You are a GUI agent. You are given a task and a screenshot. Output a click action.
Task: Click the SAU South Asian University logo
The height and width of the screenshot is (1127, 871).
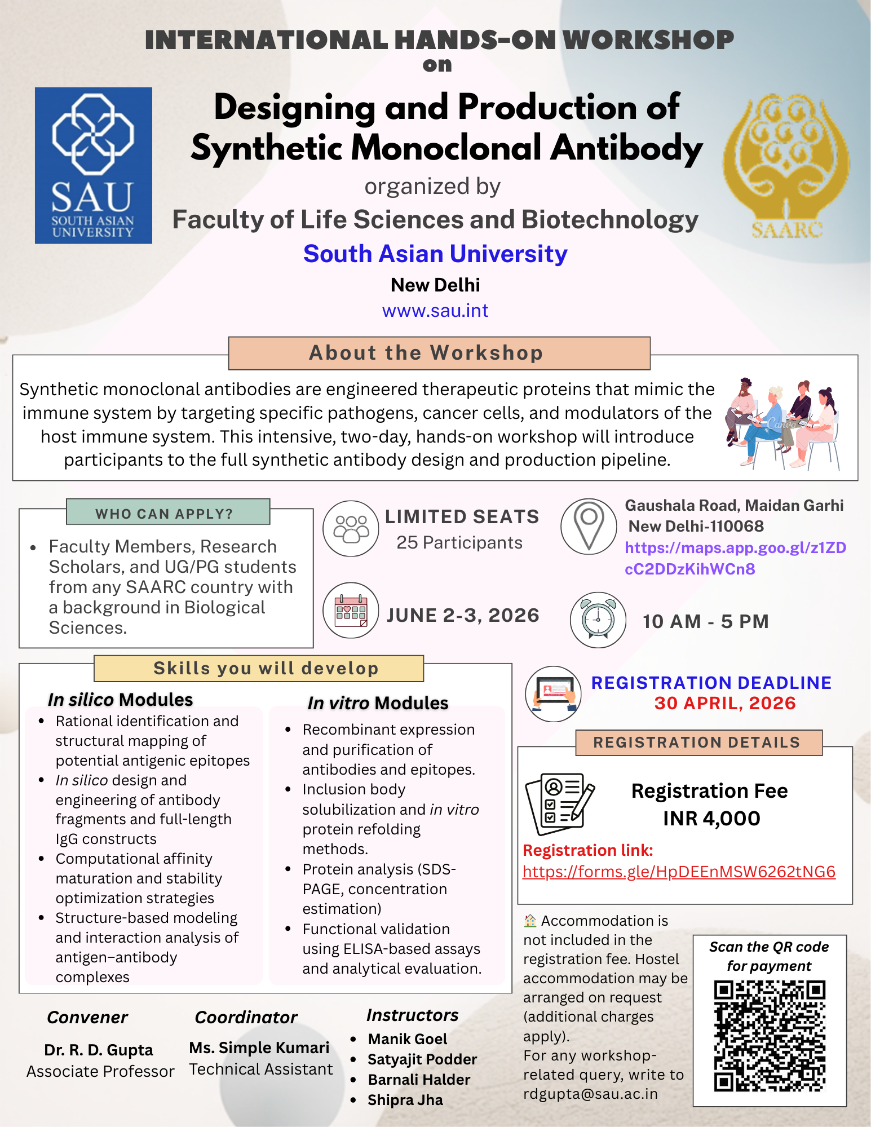(x=94, y=165)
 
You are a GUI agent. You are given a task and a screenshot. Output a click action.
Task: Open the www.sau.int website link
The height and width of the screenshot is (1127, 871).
(x=435, y=311)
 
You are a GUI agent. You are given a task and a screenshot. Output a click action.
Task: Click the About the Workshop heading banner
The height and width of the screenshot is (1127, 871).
(x=439, y=353)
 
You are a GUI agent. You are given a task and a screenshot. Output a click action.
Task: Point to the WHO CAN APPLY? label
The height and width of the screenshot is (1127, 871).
(x=167, y=512)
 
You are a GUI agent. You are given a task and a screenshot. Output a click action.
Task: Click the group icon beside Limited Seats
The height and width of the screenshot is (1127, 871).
(x=351, y=528)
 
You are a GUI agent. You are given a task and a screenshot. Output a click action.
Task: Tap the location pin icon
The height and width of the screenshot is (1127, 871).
(x=589, y=525)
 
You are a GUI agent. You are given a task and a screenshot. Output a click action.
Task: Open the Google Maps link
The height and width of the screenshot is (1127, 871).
(x=735, y=558)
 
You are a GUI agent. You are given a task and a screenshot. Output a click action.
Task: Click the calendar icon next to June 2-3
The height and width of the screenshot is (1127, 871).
(x=351, y=611)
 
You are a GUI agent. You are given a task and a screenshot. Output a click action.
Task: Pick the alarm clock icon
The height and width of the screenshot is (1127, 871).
(x=598, y=620)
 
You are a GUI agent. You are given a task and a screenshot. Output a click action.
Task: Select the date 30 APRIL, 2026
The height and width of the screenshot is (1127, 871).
(x=725, y=703)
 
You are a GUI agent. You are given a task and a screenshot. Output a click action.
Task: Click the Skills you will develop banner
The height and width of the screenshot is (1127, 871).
(x=259, y=668)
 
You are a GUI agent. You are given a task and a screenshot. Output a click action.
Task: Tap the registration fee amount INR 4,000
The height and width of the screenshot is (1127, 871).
(x=711, y=818)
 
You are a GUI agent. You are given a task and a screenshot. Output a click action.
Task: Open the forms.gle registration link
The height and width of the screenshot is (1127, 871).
(x=679, y=872)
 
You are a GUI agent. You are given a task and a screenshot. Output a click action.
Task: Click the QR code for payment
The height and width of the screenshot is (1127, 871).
(x=770, y=1036)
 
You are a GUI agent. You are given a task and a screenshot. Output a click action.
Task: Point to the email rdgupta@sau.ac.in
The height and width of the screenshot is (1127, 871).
(x=590, y=1094)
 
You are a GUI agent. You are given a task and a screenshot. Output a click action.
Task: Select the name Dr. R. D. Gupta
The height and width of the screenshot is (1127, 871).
(x=99, y=1050)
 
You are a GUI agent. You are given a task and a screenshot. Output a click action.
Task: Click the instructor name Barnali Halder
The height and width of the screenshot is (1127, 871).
(x=419, y=1080)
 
